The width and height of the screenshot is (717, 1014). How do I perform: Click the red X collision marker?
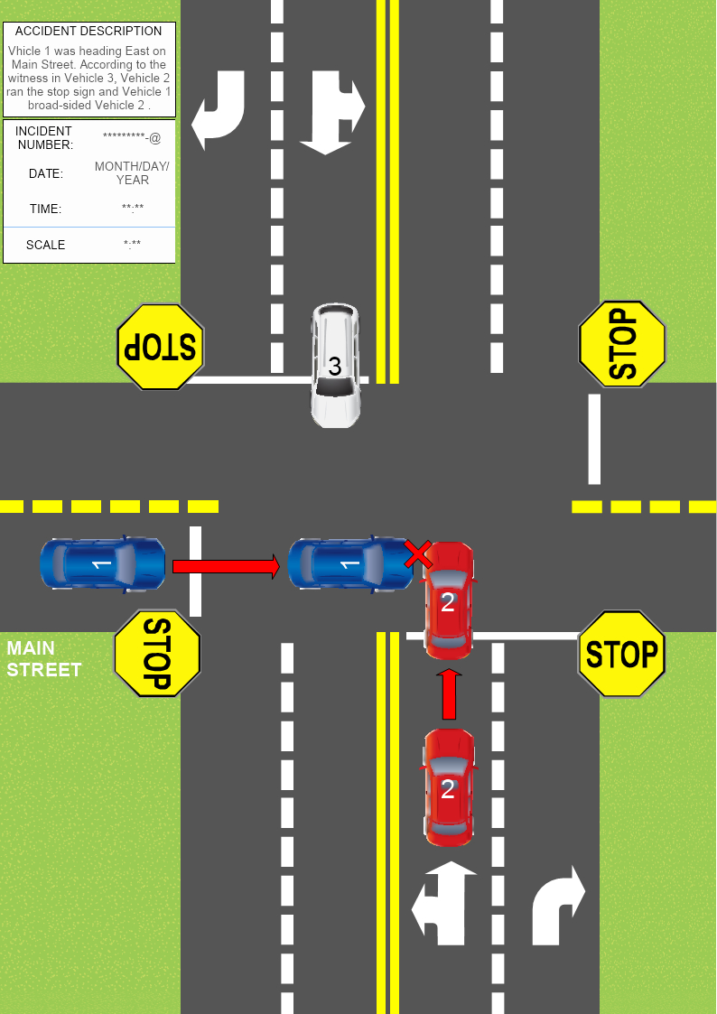point(417,554)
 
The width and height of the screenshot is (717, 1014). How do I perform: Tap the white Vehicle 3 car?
point(335,366)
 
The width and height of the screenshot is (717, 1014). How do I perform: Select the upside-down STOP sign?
point(161,347)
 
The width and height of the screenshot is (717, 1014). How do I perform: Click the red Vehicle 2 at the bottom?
point(449,787)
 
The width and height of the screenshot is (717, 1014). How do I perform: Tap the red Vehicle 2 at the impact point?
point(449,600)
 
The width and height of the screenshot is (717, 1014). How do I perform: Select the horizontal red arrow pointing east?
point(227,566)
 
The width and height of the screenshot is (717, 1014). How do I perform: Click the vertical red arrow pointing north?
point(449,693)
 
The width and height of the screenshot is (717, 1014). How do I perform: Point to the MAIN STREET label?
point(43,659)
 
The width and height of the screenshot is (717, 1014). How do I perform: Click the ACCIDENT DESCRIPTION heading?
point(88,31)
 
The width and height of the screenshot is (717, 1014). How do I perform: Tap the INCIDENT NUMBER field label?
point(43,138)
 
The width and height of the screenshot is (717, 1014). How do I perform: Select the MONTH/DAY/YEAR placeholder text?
point(132,173)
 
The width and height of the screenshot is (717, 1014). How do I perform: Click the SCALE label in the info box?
point(45,245)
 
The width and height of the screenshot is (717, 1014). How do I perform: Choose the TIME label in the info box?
point(45,209)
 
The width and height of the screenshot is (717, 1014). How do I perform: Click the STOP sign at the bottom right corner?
point(621,654)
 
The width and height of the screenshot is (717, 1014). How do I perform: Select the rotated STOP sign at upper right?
point(622,344)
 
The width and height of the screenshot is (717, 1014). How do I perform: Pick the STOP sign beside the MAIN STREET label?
point(157,653)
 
